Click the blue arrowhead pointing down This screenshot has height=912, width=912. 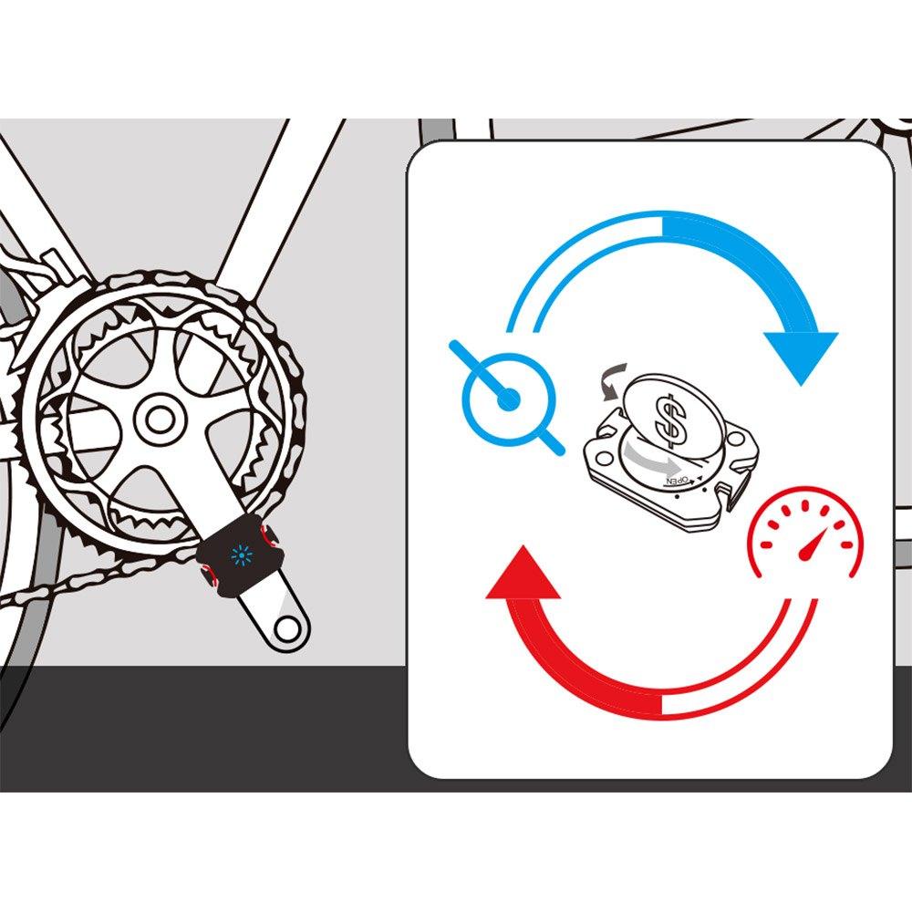(802, 355)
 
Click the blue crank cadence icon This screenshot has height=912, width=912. (507, 399)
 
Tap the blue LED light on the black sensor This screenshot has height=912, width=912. (240, 556)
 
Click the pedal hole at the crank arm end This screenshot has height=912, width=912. (285, 627)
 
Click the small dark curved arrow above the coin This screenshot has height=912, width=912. (613, 381)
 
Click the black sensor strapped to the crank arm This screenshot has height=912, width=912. (240, 557)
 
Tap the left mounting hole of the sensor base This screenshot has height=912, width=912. (605, 460)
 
